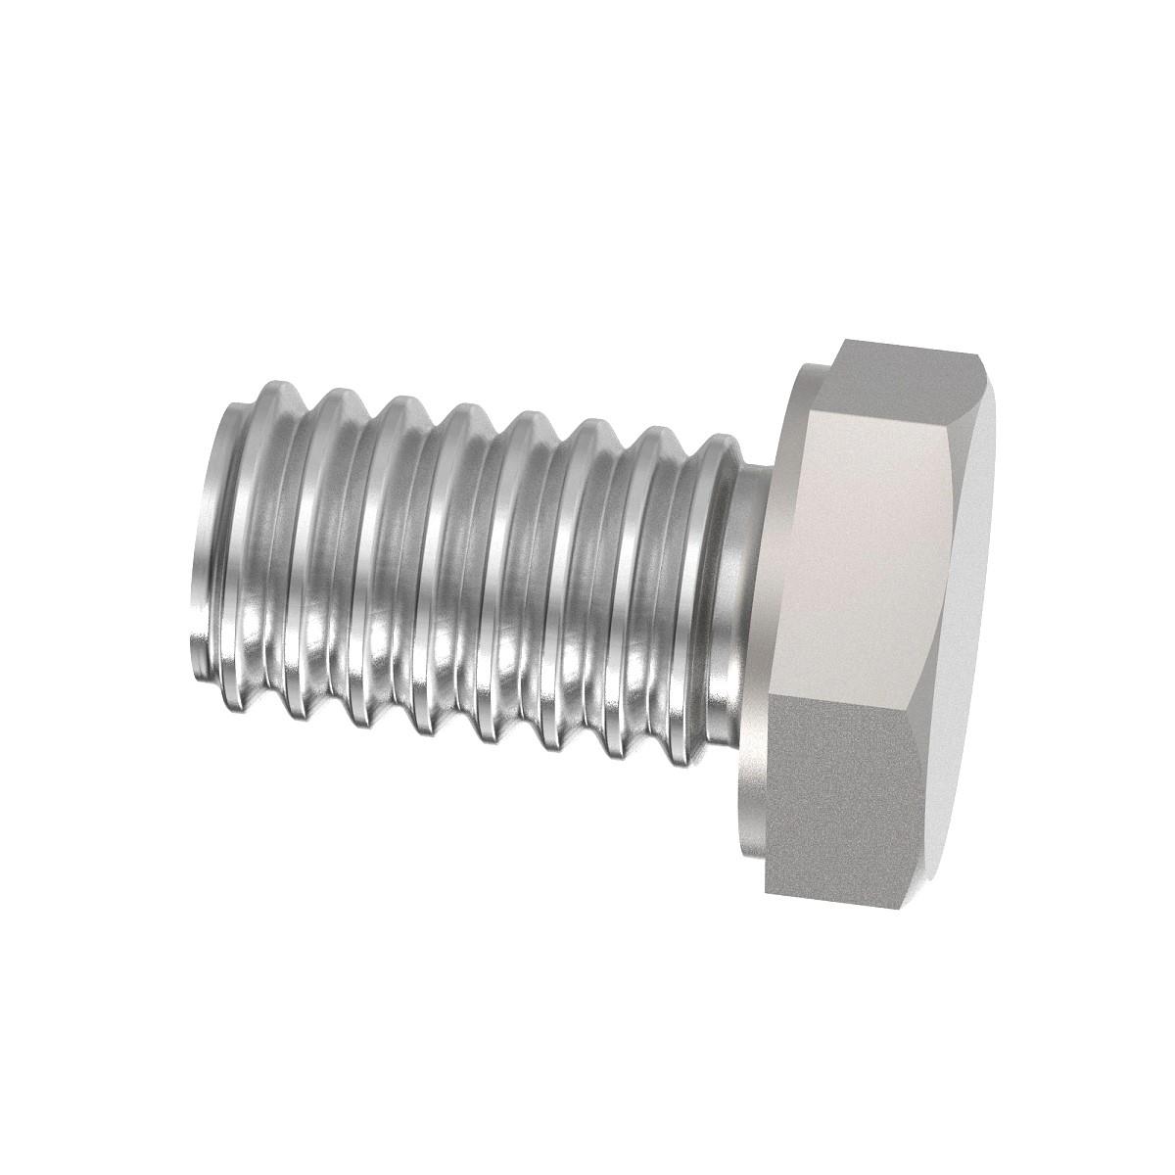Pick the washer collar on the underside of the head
click(774, 587)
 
